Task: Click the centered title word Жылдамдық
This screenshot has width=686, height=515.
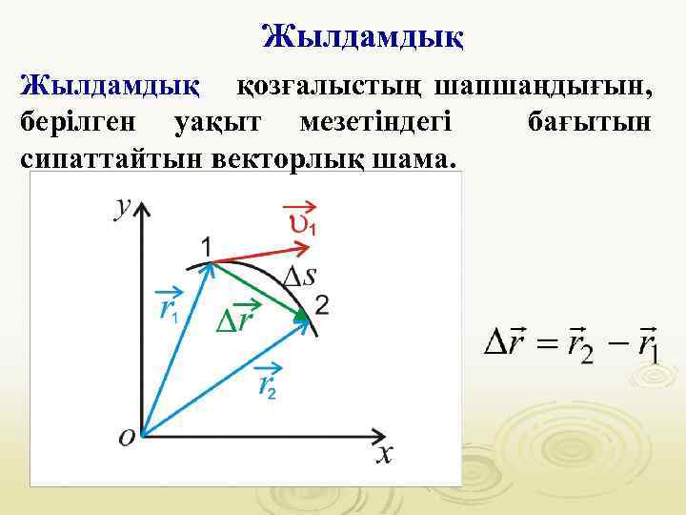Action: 363,39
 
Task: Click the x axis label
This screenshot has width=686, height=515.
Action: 383,454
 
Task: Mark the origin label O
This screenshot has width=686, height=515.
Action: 128,437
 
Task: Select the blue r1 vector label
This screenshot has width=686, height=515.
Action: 169,305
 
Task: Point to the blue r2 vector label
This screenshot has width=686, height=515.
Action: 268,382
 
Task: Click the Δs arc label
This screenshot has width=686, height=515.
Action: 300,277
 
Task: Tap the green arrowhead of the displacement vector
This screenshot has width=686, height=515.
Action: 301,316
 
